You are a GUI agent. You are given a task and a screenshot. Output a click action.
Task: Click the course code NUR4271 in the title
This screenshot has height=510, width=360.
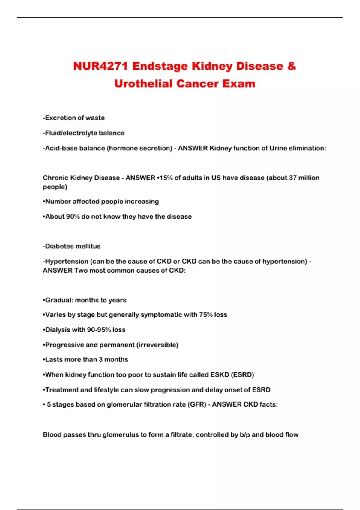100,66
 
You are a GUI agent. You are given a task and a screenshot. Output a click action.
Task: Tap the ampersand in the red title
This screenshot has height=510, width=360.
291,66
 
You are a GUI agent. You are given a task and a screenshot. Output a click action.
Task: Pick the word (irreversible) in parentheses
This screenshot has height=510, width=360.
157,345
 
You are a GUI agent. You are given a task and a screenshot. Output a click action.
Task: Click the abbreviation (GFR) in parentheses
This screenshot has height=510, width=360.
197,404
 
